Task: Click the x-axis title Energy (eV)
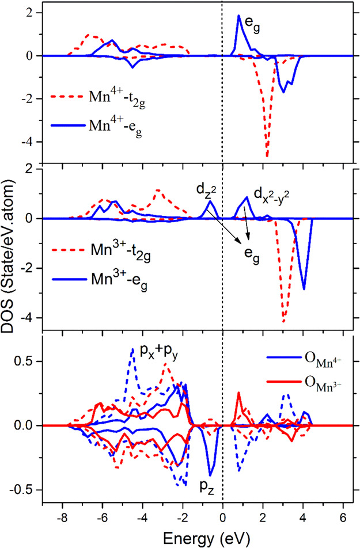pyautogui.click(x=190, y=538)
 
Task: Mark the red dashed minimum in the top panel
pyautogui.click(x=267, y=156)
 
